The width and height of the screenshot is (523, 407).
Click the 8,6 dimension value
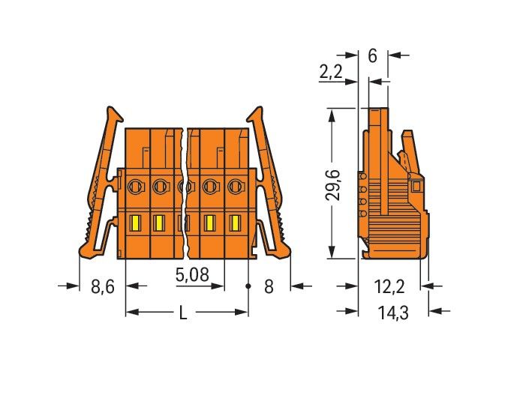(x=102, y=286)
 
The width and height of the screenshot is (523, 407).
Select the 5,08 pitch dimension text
(x=192, y=275)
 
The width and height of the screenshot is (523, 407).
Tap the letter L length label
(x=183, y=313)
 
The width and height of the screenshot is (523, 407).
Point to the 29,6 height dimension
(x=332, y=185)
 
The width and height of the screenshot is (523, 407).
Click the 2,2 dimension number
(x=331, y=71)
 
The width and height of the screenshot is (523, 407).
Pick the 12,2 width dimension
(x=389, y=287)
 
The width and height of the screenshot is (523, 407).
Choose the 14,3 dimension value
(x=393, y=313)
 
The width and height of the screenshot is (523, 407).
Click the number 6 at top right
(x=373, y=55)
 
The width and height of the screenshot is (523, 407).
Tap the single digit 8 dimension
(x=269, y=286)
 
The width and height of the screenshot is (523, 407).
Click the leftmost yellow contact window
(x=135, y=223)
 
